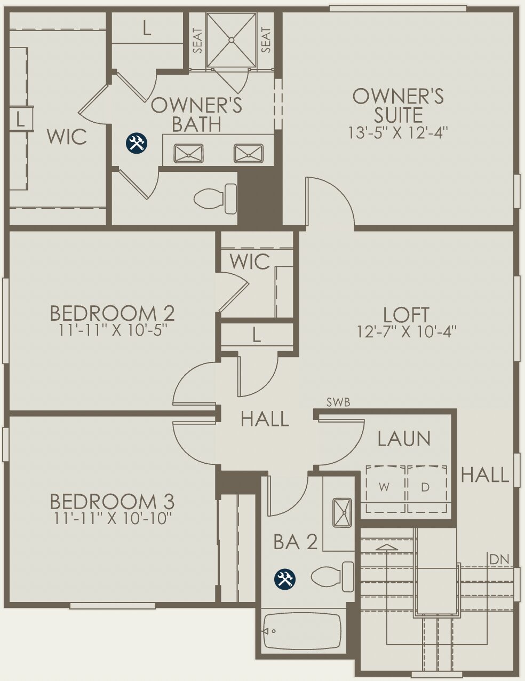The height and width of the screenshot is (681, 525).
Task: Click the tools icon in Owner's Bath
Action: [x=136, y=142]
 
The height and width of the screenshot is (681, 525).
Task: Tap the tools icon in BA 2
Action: [x=285, y=579]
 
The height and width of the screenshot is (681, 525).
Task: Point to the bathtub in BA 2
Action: [x=302, y=631]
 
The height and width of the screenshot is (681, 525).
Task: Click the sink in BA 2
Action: [x=341, y=512]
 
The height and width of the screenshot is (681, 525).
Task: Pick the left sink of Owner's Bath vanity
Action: [x=188, y=154]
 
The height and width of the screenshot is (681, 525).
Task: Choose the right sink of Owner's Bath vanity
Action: [x=249, y=154]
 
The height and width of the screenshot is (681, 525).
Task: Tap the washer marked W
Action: [x=384, y=487]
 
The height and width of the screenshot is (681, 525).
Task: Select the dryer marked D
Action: [x=426, y=487]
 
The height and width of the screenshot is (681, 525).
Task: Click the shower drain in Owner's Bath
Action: [x=232, y=39]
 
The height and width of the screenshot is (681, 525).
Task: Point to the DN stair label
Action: [x=499, y=559]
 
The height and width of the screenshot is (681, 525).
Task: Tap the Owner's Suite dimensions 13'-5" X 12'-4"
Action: [x=397, y=132]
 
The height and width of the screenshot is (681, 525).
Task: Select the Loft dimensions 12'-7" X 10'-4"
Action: [x=407, y=332]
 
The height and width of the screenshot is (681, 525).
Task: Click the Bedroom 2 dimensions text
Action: [x=112, y=330]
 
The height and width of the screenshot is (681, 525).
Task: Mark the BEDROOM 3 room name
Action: [x=112, y=502]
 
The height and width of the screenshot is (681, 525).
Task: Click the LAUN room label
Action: [x=404, y=439]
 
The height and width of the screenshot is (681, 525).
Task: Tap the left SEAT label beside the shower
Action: [x=198, y=41]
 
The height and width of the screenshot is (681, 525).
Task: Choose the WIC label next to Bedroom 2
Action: [x=250, y=262]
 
